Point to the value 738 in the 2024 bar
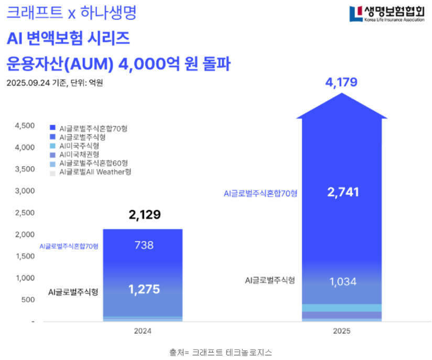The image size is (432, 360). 143,245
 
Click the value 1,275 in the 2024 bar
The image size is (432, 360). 143,289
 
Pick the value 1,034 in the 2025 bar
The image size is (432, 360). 343,282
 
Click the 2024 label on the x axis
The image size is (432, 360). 143,332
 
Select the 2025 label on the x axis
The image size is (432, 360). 341,332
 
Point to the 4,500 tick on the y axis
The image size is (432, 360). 25,126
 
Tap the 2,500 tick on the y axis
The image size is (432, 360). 25,213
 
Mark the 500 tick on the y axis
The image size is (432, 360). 28,300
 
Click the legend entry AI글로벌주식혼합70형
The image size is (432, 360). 94,128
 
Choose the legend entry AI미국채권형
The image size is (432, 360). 79,155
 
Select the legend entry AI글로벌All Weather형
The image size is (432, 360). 95,172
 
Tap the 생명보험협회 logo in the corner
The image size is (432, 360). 387,14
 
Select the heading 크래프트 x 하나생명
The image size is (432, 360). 71,13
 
